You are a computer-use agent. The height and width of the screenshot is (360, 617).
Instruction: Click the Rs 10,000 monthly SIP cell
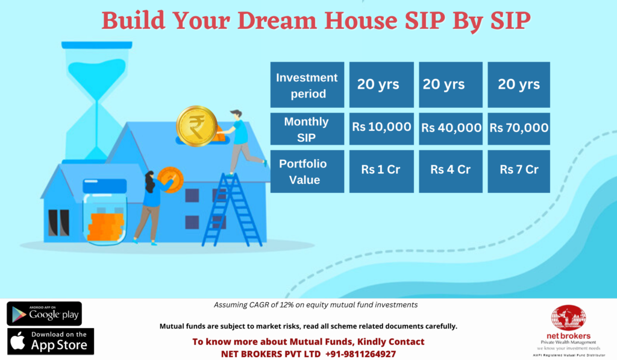381,129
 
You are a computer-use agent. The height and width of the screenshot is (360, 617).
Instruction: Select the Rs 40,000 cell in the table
451,129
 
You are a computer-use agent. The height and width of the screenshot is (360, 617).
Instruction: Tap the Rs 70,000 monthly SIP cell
519,129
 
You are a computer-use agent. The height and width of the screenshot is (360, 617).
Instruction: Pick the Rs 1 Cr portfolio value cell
381,171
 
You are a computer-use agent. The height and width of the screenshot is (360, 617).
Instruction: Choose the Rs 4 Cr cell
451,171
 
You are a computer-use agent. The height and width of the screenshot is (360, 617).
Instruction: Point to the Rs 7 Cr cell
519,171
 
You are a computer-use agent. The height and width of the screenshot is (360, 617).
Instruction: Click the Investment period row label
307,84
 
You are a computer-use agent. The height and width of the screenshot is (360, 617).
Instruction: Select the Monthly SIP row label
307,129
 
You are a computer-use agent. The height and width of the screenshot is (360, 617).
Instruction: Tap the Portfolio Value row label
307,171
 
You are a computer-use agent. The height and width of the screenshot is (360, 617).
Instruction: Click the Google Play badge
44,314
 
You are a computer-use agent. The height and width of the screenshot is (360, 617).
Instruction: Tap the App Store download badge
51,341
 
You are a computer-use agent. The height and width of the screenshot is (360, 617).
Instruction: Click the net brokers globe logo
568,317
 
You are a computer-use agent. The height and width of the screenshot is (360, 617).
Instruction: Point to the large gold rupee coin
196,126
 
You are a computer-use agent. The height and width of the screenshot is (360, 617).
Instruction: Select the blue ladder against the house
231,209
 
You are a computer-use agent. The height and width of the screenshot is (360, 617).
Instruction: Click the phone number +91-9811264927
360,354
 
